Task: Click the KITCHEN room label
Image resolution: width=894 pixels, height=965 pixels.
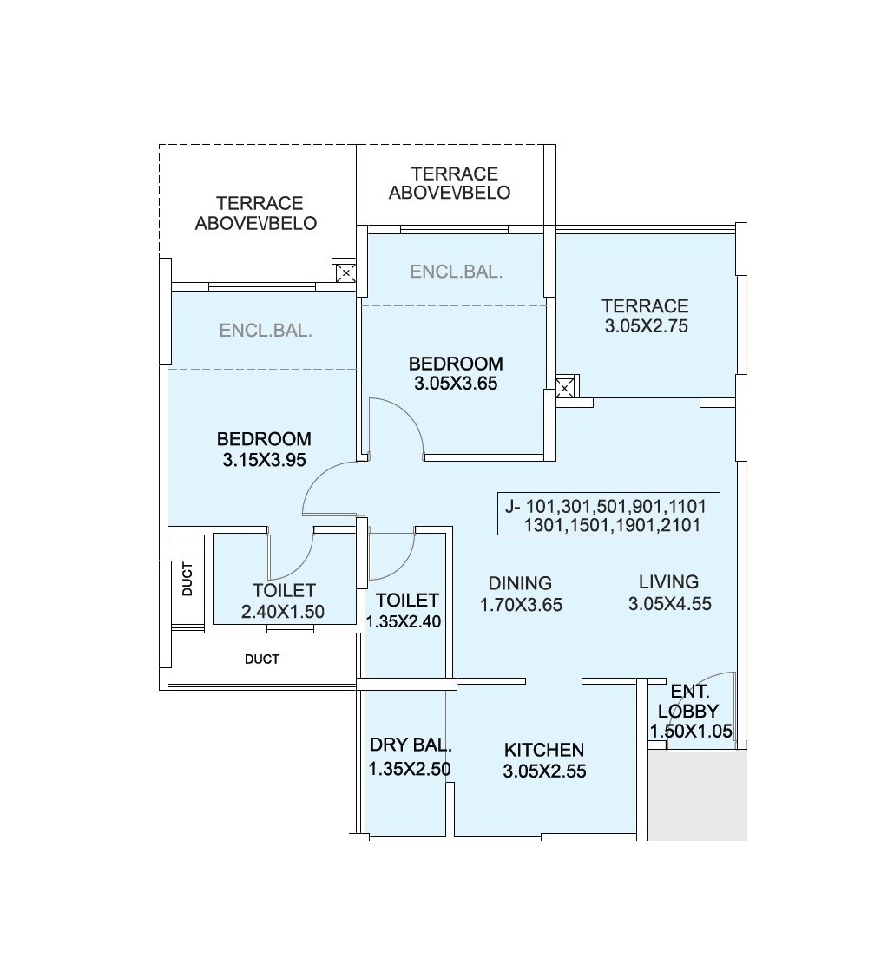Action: coord(544,750)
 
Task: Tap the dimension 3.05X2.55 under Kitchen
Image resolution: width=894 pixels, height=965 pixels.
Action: coord(544,770)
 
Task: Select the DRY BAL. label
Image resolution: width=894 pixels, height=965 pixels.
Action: coord(410,745)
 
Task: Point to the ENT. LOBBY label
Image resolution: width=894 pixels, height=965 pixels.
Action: coord(691,702)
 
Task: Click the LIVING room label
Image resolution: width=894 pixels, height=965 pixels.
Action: coord(668,581)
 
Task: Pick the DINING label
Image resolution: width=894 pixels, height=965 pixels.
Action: coord(520,583)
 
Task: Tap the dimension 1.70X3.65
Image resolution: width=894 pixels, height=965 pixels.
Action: coord(521,605)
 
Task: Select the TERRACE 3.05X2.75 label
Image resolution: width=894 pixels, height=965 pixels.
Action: coord(645,316)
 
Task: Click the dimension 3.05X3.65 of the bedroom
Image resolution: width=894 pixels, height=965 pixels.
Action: coord(456,383)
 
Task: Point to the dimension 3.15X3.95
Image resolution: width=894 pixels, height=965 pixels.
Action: coord(264,460)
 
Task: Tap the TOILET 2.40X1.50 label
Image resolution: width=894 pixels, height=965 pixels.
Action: coord(283,601)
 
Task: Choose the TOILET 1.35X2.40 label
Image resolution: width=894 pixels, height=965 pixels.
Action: coord(406,610)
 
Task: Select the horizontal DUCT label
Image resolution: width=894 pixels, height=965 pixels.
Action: coord(261,660)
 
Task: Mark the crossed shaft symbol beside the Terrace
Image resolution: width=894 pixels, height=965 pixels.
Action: coord(567,388)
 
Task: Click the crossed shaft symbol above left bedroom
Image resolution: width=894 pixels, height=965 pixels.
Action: coord(345,273)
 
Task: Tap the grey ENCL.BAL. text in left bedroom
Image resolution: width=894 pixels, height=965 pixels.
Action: coord(266,331)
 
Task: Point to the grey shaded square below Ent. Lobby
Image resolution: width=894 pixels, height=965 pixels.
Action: coord(697,796)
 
